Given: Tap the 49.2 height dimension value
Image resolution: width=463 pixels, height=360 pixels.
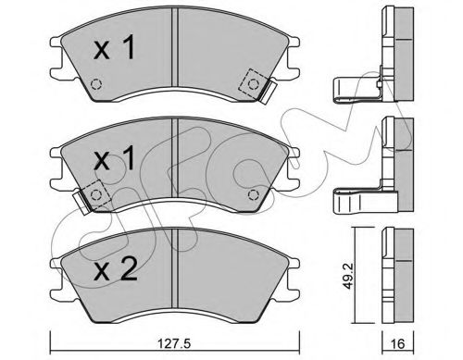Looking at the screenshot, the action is coord(348,276).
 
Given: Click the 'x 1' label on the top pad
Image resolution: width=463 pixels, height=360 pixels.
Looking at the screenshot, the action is coord(114,47).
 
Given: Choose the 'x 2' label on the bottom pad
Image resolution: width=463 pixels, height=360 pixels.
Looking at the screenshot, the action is coord(115,268).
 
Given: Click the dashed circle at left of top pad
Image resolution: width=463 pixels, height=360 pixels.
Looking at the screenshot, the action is coord(96,84).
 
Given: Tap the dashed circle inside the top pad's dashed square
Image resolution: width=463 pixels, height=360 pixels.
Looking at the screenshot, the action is coord(254,83).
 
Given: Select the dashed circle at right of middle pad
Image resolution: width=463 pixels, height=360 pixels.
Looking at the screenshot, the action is coord(253,194).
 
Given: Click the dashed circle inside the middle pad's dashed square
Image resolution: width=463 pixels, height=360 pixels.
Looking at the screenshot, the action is coord(96,194).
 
